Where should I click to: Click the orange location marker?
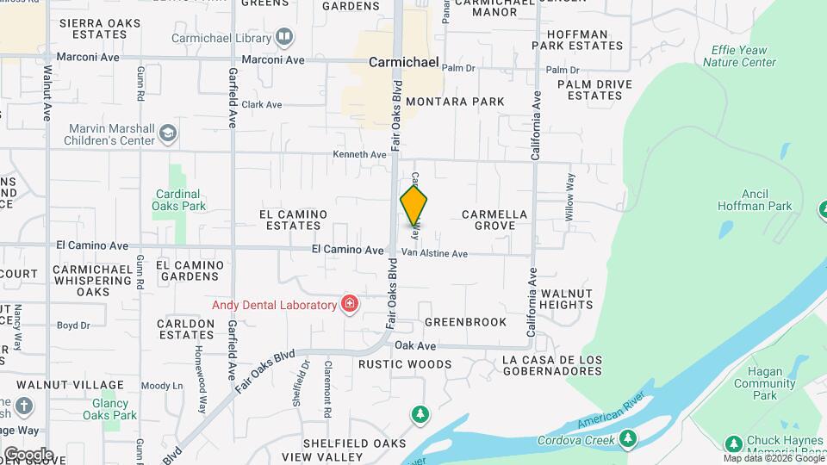pos(414,205)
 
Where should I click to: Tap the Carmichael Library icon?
pos(283,37)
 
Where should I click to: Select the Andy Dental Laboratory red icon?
pos(349,304)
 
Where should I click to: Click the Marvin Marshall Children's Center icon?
pos(167,133)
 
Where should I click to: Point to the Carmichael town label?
pos(404,63)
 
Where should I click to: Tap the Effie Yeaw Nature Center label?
pos(739,56)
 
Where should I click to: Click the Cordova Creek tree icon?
pos(628,438)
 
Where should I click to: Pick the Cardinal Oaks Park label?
pos(178,200)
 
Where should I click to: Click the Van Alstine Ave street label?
pos(434,254)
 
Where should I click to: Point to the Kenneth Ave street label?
pos(360,155)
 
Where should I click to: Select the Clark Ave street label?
pos(262,105)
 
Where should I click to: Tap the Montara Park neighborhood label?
pos(455,102)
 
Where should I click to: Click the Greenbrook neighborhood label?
pos(465,322)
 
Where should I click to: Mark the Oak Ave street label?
pos(415,345)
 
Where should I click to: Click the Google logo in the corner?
pos(28,454)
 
